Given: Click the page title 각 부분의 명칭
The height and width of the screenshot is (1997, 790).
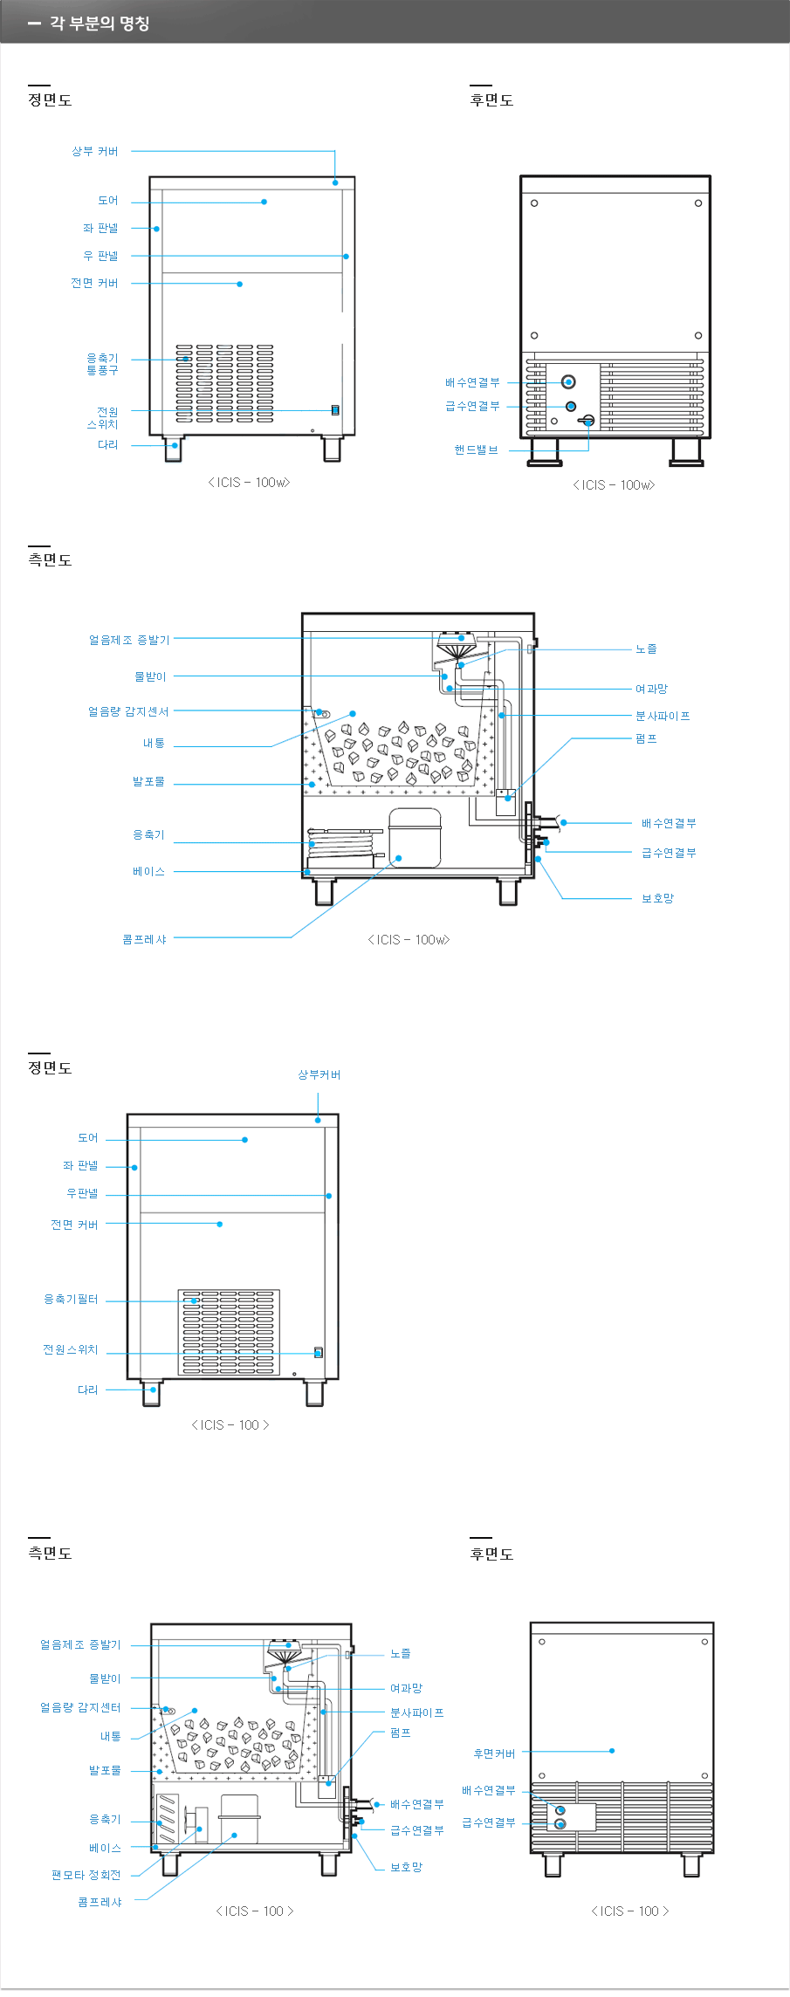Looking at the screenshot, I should point(99,24).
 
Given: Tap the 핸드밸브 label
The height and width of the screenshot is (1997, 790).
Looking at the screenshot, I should point(476,450).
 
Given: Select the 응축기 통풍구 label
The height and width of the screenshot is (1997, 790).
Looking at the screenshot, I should point(102,364).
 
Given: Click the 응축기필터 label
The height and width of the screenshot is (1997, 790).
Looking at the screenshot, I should point(71,1300).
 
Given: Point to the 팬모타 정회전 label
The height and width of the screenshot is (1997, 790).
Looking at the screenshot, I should point(86,1875).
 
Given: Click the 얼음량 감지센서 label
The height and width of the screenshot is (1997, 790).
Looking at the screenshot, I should point(128,712).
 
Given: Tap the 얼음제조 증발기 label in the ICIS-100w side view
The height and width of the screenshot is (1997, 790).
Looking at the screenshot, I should point(129,640).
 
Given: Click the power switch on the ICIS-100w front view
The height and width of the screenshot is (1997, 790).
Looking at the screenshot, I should point(334,410).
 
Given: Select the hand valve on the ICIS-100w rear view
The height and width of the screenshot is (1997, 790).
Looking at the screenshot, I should point(587,421).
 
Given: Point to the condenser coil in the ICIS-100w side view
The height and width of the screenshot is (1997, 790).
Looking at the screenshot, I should point(346,842).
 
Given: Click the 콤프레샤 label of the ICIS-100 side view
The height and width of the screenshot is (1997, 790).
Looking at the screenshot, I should point(100,1902).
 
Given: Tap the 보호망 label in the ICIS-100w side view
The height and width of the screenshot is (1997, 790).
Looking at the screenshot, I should point(657,898).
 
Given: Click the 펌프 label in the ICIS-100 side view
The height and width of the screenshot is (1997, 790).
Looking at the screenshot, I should point(400,1733).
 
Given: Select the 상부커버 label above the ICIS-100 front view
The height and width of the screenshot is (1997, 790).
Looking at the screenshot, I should point(319,1075).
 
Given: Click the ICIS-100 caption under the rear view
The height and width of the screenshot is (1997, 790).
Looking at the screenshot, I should point(629,1911).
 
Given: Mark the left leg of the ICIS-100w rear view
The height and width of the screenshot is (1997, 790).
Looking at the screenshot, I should point(545,452).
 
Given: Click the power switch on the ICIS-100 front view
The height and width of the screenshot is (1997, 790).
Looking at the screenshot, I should point(319,1352).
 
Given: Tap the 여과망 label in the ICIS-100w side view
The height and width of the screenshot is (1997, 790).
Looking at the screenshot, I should point(650,690).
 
